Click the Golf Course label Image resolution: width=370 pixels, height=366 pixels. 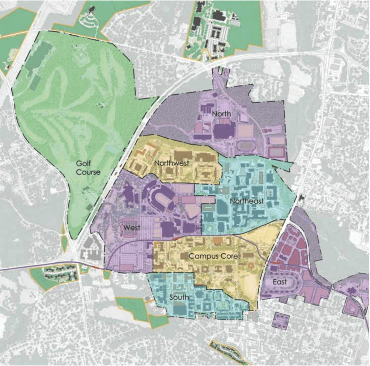click(88, 168)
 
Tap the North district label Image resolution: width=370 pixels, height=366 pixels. click(221, 114)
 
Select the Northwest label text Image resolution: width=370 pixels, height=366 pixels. click(171, 163)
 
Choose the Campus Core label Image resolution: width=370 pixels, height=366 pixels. click(213, 256)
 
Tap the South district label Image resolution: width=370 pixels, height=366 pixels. click(179, 297)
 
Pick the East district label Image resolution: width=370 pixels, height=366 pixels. click(280, 282)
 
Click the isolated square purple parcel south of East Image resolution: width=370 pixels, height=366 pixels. click(281, 320)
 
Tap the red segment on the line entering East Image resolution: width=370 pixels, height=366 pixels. click(275, 263)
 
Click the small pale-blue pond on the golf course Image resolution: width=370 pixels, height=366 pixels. click(110, 149)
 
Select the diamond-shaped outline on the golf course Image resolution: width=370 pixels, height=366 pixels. click(82, 55)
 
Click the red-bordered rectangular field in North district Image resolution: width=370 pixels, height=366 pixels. click(277, 152)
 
